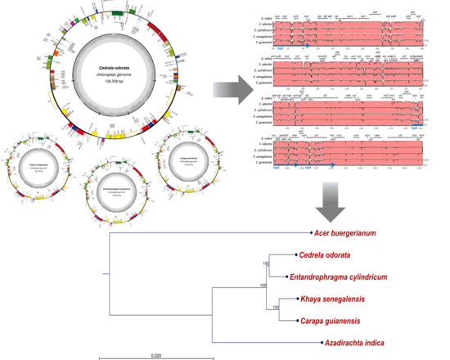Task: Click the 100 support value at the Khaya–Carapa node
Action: click(277, 307)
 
